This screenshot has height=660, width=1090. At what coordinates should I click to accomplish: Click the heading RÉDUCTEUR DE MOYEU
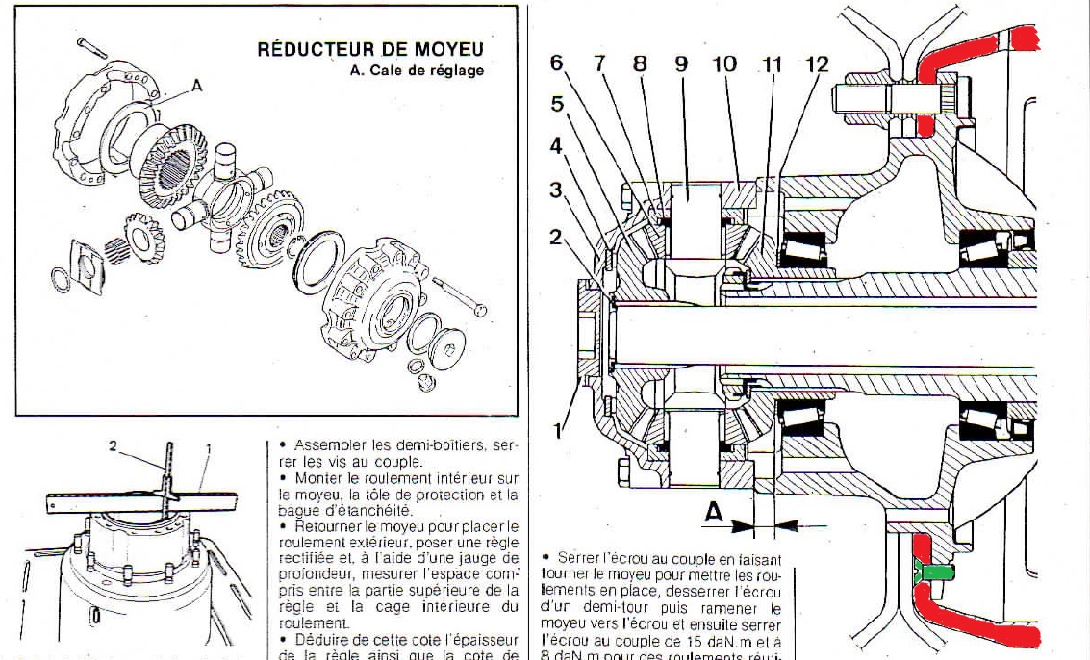pos(370,49)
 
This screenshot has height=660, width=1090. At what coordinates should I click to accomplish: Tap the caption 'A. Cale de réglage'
pos(418,70)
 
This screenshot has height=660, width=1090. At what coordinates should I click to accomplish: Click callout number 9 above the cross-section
pos(681,64)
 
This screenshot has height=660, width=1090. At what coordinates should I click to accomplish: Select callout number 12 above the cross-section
pos(817,64)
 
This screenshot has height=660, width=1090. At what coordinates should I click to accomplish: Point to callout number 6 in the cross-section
pos(556,63)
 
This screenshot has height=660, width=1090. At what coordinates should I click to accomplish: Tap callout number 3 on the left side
pos(555,190)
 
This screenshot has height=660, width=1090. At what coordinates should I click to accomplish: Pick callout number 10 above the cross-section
pos(723,64)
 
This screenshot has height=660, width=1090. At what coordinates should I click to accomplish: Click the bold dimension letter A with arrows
pos(713,514)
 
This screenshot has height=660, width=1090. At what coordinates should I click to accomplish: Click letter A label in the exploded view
pos(196,86)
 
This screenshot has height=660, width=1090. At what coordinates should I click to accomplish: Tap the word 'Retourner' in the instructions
pos(329,526)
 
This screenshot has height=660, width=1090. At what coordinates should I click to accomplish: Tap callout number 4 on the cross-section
pos(555,147)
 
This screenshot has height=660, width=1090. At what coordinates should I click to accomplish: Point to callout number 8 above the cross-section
pos(640,64)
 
